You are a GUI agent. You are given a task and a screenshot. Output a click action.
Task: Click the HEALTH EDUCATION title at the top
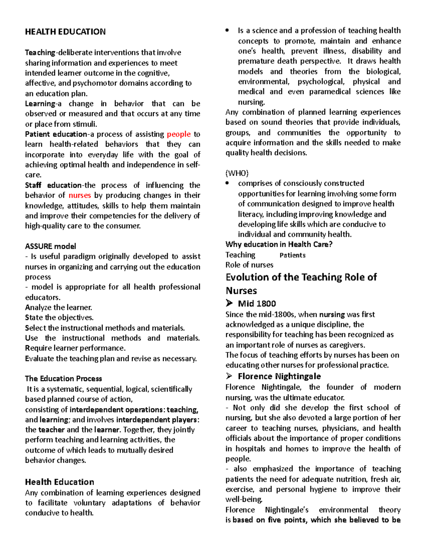tap(65, 32)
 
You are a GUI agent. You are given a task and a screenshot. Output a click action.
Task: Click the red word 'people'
tap(179, 134)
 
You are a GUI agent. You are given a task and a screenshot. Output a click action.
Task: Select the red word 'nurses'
tap(80, 195)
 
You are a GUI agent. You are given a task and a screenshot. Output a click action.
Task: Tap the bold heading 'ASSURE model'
tap(50, 246)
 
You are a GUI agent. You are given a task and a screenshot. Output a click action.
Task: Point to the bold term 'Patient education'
tap(56, 134)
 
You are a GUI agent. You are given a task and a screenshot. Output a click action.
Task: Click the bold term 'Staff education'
tap(53, 185)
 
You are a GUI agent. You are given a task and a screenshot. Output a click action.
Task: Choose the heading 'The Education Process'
tap(64, 379)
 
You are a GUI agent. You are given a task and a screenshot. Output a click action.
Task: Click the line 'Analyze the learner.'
tap(59, 308)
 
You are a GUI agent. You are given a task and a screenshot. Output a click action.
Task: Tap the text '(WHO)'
tap(237, 173)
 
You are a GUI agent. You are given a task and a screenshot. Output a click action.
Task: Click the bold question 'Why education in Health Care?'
tap(279, 244)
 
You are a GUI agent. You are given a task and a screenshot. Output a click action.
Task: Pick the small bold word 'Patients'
tap(292, 255)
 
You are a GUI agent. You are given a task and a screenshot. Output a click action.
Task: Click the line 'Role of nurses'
tap(249, 265)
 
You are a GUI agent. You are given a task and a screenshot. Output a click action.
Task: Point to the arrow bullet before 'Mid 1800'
tap(229, 303)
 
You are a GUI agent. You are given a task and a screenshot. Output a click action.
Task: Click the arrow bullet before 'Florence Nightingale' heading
tap(229, 376)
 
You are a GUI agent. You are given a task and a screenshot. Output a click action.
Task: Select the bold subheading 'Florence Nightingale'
tap(279, 376)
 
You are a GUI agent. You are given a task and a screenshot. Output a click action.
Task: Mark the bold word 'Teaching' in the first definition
tap(40, 53)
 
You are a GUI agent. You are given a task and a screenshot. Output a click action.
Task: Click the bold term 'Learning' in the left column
tap(40, 104)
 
